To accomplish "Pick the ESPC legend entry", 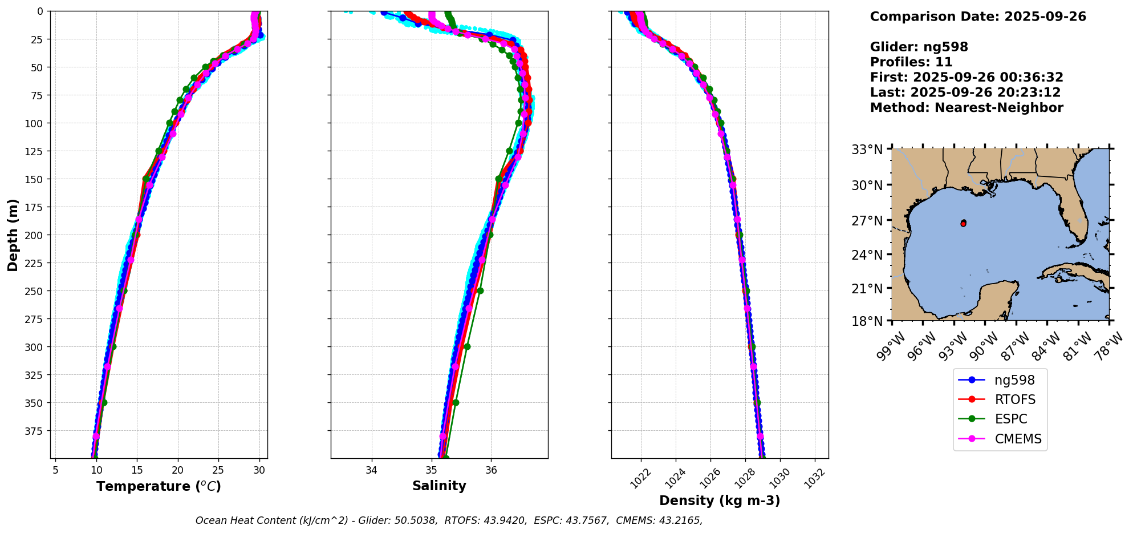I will [1011, 419].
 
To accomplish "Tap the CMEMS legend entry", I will [1018, 439].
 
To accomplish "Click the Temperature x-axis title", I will [159, 487].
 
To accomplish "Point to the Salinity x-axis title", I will [439, 486].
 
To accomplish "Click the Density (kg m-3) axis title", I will [720, 501].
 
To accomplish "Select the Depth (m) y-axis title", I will [13, 235].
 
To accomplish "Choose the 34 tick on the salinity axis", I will [372, 470].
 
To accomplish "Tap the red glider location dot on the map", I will [963, 223].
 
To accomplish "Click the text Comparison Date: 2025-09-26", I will [978, 17].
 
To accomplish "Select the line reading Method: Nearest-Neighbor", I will [966, 108].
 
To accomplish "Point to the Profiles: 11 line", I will [911, 62].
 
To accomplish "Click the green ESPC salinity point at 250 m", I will [480, 290].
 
